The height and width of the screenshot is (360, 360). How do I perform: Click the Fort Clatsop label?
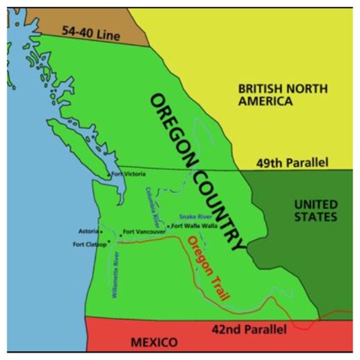(x=90, y=244)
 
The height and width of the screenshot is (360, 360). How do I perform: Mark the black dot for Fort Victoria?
(x=110, y=175)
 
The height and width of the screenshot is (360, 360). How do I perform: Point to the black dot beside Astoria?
(x=101, y=232)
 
